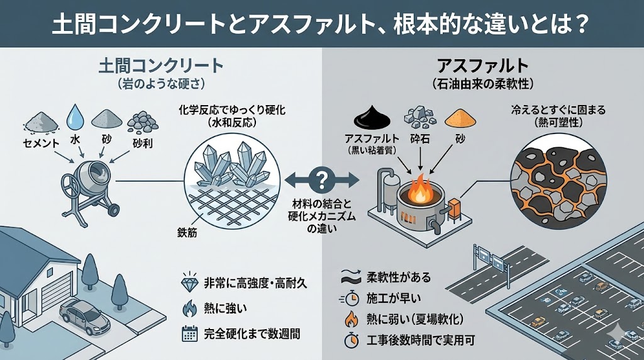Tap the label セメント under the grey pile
point(39,143)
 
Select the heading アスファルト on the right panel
point(483,65)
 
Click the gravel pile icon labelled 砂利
point(140,120)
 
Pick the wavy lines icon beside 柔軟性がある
point(351,277)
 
